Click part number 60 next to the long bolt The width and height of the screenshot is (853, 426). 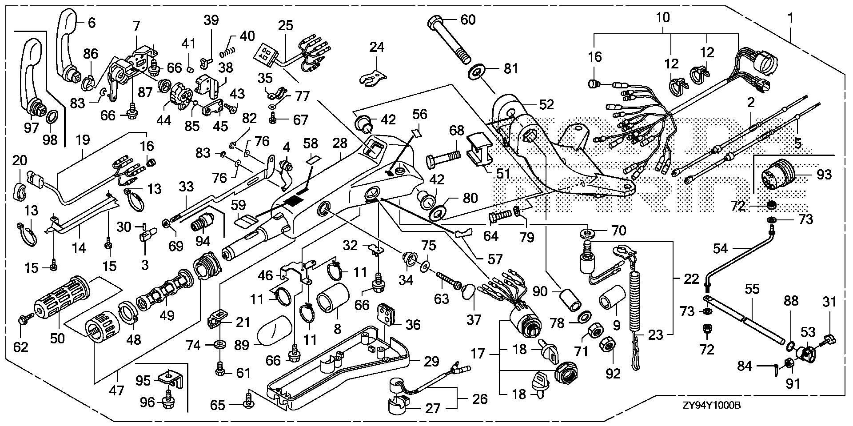468,20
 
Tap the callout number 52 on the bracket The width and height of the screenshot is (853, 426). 546,104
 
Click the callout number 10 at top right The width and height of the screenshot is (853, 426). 663,18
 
